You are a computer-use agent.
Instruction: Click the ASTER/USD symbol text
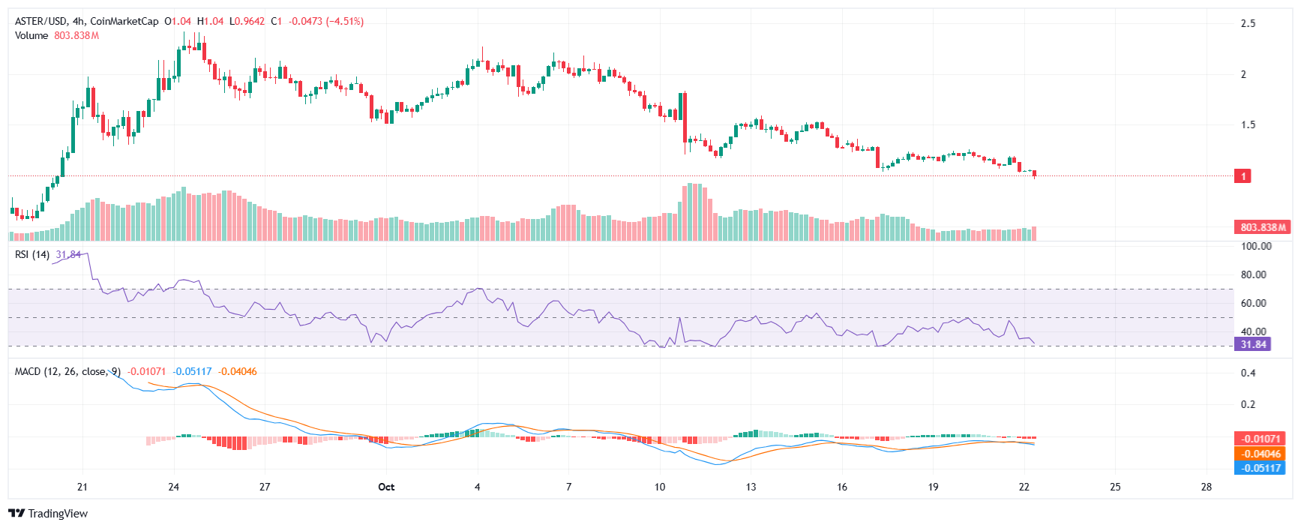(40, 21)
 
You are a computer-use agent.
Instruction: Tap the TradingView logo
(48, 514)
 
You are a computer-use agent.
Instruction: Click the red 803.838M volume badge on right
(1262, 227)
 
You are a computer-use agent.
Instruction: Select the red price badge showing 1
(1243, 176)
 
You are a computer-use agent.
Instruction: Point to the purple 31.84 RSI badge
(1253, 344)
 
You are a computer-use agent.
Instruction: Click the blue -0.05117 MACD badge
(1260, 468)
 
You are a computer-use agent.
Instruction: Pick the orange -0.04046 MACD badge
(1260, 454)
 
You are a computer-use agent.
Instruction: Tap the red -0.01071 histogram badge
(1260, 439)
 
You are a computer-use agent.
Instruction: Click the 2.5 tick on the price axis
(1248, 23)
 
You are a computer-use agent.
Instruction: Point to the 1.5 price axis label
(1248, 124)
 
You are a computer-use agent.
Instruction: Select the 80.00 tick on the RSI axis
(1253, 274)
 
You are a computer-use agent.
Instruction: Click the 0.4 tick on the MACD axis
(1248, 373)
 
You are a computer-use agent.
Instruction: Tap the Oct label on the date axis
(386, 487)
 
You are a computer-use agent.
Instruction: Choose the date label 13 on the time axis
(751, 487)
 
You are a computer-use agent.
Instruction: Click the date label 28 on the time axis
(1206, 487)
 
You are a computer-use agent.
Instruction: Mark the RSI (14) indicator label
(32, 254)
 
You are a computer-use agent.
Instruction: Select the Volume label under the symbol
(31, 35)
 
